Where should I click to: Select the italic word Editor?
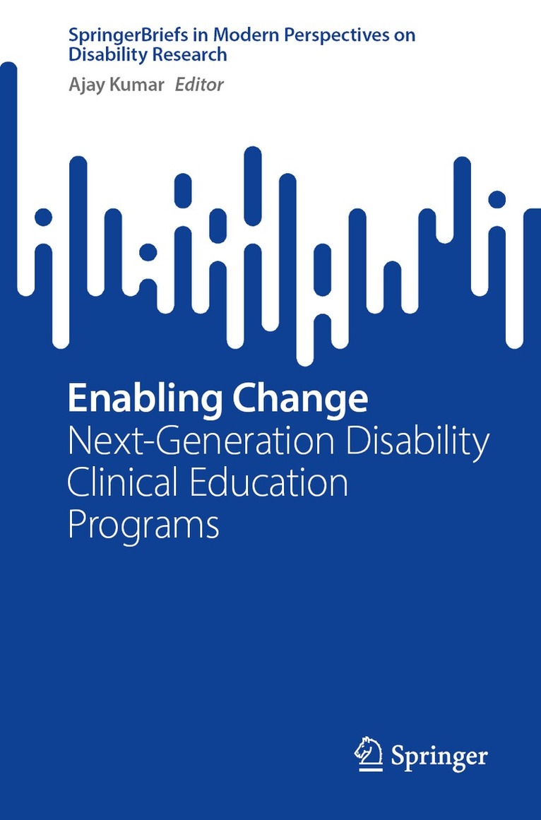[198, 85]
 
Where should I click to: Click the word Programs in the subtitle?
[143, 526]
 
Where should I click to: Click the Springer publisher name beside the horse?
[439, 757]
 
